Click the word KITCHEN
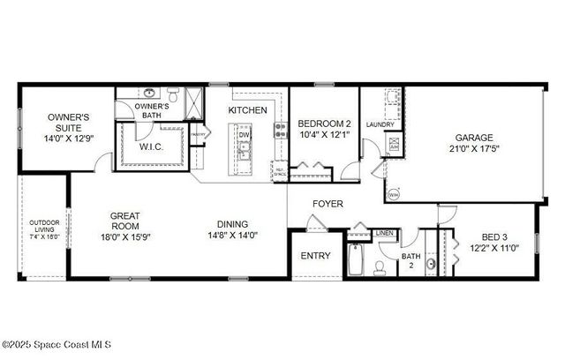[x=247, y=110]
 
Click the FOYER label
[x=328, y=204]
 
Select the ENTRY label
[x=315, y=256]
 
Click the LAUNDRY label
[x=380, y=124]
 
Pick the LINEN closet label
[x=384, y=233]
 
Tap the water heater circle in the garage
[x=393, y=193]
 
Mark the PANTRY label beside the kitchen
[x=200, y=135]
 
